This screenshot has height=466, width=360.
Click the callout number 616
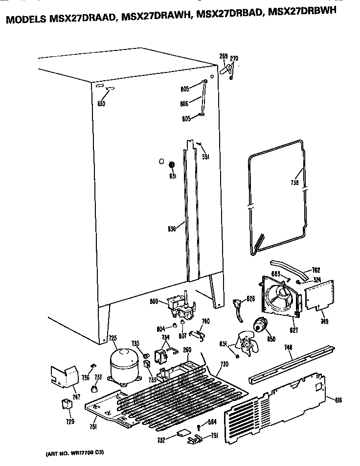[338, 400]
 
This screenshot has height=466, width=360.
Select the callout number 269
[224, 57]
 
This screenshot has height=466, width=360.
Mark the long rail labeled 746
[292, 364]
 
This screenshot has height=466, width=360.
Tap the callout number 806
[184, 104]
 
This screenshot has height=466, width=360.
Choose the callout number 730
[225, 365]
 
